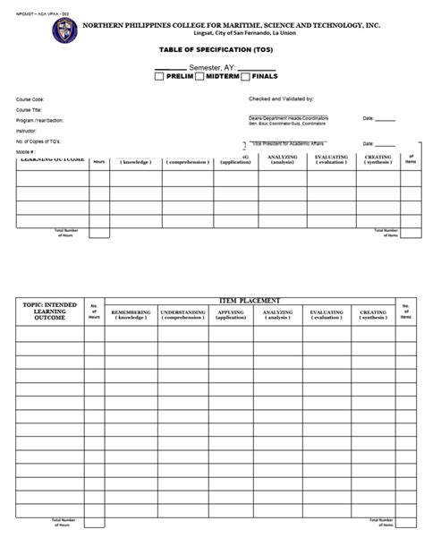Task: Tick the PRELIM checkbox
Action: click(159, 77)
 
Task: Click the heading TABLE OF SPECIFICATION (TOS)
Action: click(211, 52)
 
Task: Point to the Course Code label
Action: click(30, 99)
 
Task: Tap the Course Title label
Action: click(30, 109)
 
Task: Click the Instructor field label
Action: click(27, 131)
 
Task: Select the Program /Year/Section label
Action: click(38, 120)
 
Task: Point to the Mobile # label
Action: click(25, 152)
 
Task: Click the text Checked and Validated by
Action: click(286, 99)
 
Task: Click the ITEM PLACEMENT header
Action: click(250, 300)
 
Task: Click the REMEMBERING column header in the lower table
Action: click(131, 315)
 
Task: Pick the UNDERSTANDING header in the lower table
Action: click(183, 315)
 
